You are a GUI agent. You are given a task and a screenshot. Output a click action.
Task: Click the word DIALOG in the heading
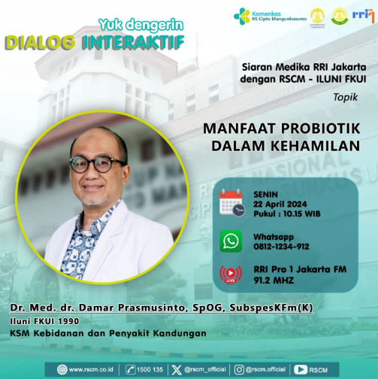(x=40, y=42)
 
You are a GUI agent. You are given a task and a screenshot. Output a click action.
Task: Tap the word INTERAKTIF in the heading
(x=133, y=42)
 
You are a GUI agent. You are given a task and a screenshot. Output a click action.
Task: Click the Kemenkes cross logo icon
(x=242, y=17)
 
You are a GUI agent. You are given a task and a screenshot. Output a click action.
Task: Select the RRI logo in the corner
(x=363, y=16)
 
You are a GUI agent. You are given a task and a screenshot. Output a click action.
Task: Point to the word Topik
(x=346, y=97)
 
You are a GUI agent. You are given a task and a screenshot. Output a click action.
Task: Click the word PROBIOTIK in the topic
(x=320, y=129)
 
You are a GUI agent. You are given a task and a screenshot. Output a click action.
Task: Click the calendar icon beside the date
(x=232, y=202)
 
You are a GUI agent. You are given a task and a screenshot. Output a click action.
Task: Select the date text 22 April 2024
(x=280, y=205)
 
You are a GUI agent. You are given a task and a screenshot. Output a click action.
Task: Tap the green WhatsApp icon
(x=231, y=241)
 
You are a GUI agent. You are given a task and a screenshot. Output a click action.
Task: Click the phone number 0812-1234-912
(x=281, y=247)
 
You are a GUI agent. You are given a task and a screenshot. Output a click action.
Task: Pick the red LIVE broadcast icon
(x=231, y=275)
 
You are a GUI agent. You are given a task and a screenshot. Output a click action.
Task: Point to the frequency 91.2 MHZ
(x=274, y=280)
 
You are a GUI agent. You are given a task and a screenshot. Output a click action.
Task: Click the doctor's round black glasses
(x=98, y=165)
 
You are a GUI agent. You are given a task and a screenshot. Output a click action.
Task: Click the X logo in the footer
(x=177, y=370)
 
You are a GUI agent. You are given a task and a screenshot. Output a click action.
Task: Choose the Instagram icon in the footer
(x=239, y=370)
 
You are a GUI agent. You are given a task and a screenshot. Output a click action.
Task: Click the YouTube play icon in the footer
(x=301, y=370)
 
